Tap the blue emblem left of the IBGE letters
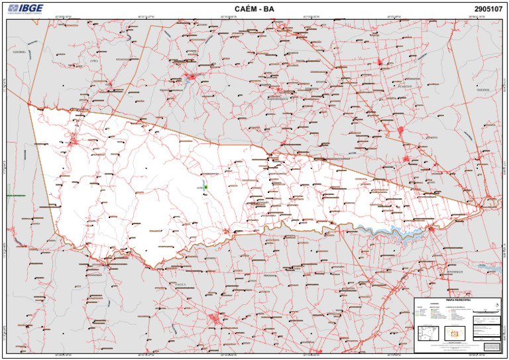click(13, 8)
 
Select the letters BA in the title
click(268, 9)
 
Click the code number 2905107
click(488, 9)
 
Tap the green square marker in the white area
click(206, 188)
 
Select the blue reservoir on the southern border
click(391, 232)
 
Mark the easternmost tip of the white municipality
click(481, 208)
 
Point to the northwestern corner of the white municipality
click(28, 105)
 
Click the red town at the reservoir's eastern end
click(431, 229)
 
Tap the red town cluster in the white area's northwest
click(74, 140)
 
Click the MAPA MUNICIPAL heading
click(458, 300)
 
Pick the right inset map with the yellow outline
click(454, 332)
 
